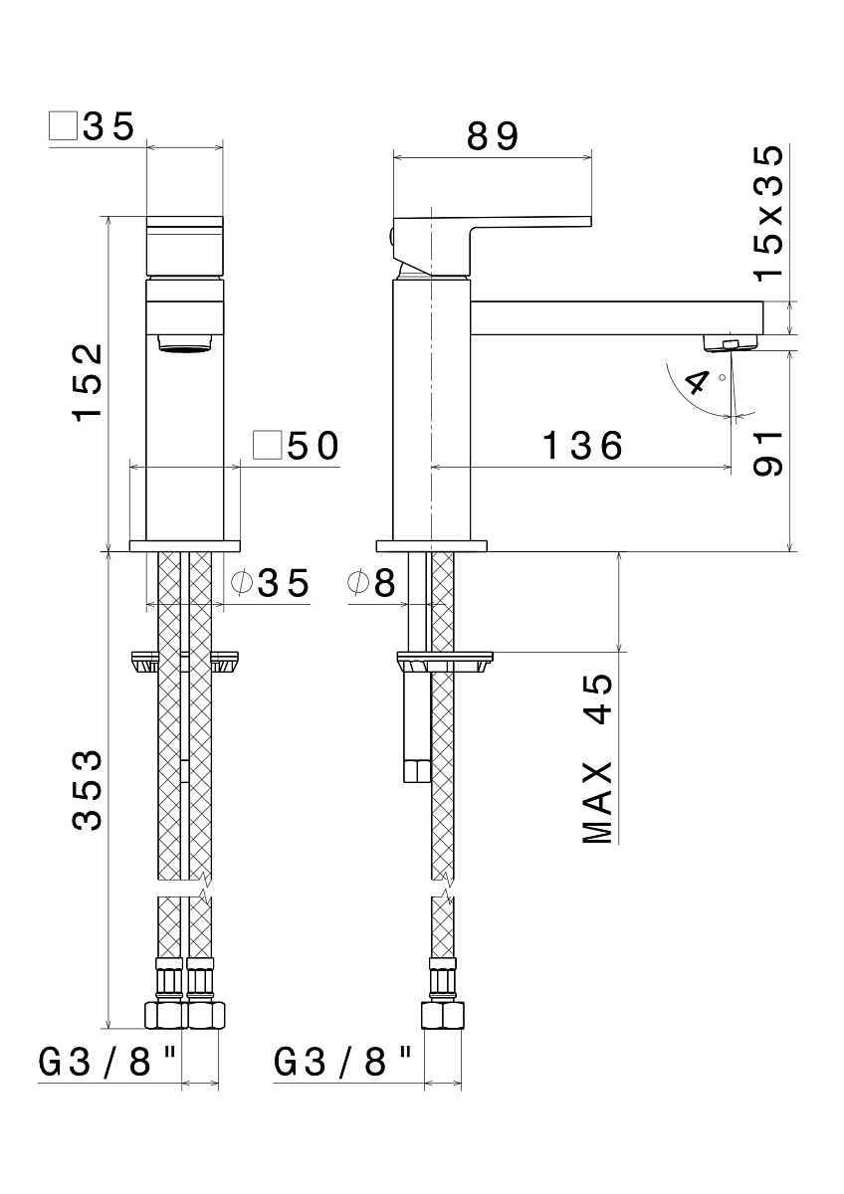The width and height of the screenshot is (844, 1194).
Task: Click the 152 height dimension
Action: pyautogui.click(x=88, y=383)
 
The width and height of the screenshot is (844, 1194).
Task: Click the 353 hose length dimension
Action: pyautogui.click(x=88, y=790)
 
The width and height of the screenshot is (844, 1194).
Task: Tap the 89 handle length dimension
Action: pyautogui.click(x=492, y=136)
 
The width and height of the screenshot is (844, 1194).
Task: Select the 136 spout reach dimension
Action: pyautogui.click(x=582, y=445)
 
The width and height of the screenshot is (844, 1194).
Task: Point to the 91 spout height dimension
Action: pyautogui.click(x=767, y=453)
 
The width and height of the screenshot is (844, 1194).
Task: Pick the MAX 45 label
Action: pyautogui.click(x=597, y=759)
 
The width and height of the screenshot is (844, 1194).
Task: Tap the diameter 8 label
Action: pyautogui.click(x=372, y=583)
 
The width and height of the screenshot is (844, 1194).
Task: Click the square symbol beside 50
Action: pyautogui.click(x=268, y=445)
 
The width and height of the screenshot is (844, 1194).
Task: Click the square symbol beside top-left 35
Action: pyautogui.click(x=63, y=125)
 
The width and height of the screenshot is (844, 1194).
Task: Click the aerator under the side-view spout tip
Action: pyautogui.click(x=731, y=342)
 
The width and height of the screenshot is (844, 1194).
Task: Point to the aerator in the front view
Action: pyautogui.click(x=184, y=342)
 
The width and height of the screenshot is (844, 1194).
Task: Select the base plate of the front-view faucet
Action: pyautogui.click(x=184, y=546)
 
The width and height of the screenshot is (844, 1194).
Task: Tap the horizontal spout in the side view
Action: pyautogui.click(x=617, y=318)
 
